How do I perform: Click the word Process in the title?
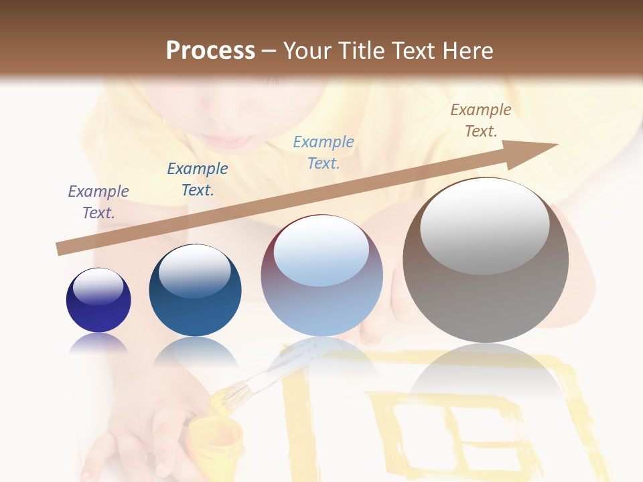pos(210,51)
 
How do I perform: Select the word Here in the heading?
pos(467,51)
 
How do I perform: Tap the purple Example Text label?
pos(98,202)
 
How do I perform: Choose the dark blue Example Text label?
pos(198,179)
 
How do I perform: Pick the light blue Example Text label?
pos(324,153)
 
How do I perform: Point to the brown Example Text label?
pos(481,120)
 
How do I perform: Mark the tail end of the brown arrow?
pos(60,249)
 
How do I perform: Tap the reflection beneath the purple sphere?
pos(98,345)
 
